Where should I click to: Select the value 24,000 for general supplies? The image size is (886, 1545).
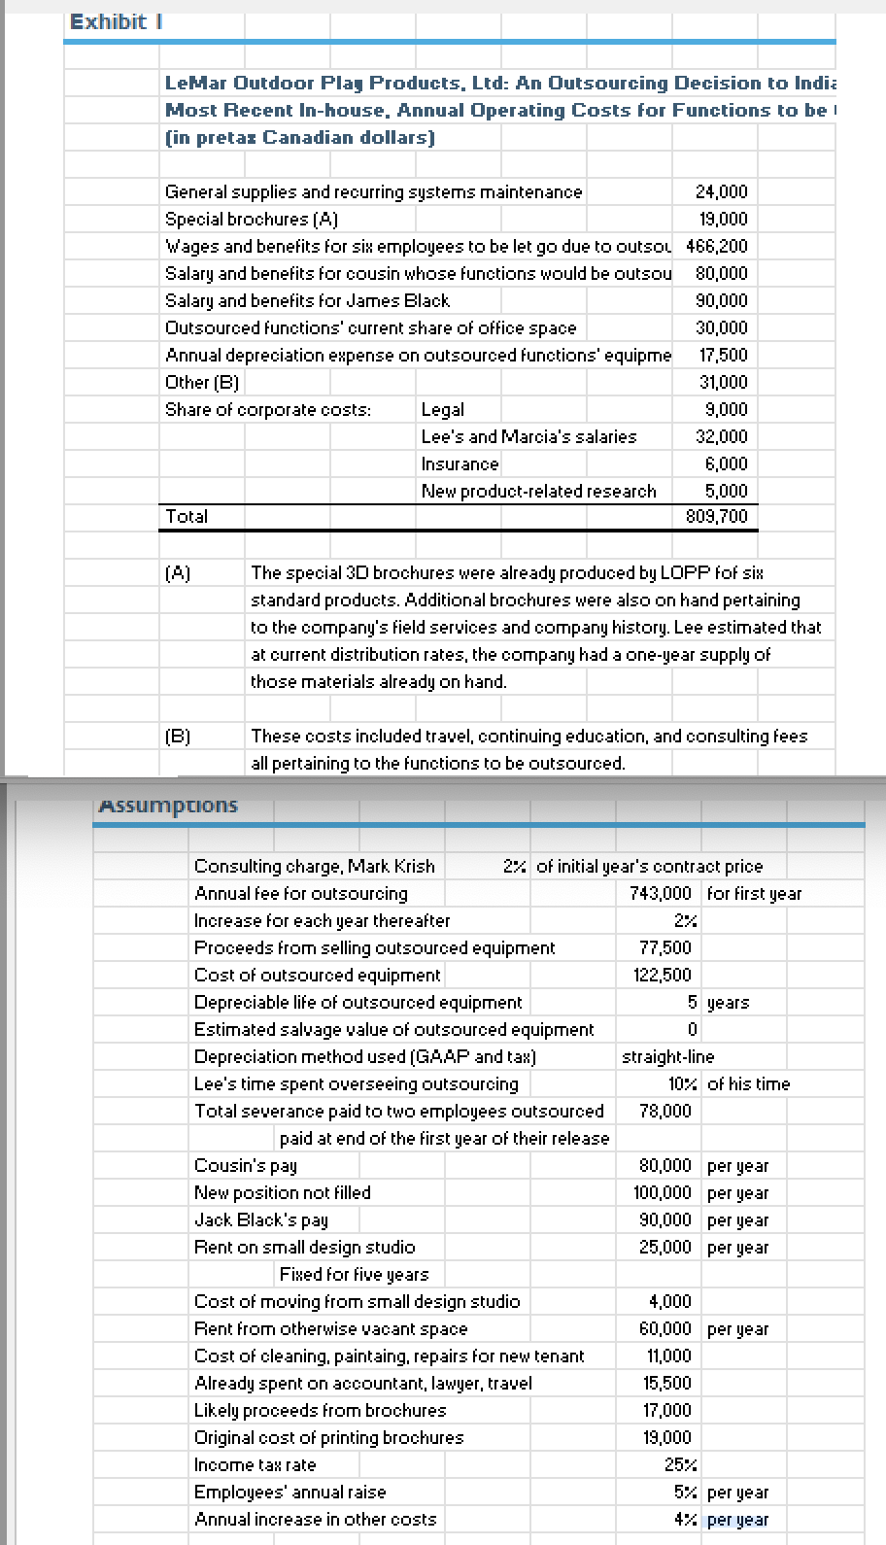click(721, 192)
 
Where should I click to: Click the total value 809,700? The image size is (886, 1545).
click(717, 516)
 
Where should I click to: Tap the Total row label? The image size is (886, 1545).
click(187, 516)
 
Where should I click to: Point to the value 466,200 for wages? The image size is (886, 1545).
click(717, 247)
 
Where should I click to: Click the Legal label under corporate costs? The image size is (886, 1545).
click(443, 410)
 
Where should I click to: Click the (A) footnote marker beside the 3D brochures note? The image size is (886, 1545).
click(178, 573)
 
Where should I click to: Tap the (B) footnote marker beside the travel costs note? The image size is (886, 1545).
click(178, 737)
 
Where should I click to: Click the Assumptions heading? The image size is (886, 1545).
click(169, 806)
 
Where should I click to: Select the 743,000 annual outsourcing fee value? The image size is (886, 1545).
click(661, 893)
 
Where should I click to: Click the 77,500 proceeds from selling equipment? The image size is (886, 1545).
click(665, 947)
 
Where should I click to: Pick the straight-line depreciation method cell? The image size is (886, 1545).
click(667, 1056)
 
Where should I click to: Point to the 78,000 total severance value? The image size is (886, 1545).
click(665, 1111)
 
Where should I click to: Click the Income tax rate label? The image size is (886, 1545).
click(255, 1464)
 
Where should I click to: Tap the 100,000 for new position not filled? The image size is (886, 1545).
click(665, 1192)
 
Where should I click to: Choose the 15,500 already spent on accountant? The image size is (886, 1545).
click(667, 1383)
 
